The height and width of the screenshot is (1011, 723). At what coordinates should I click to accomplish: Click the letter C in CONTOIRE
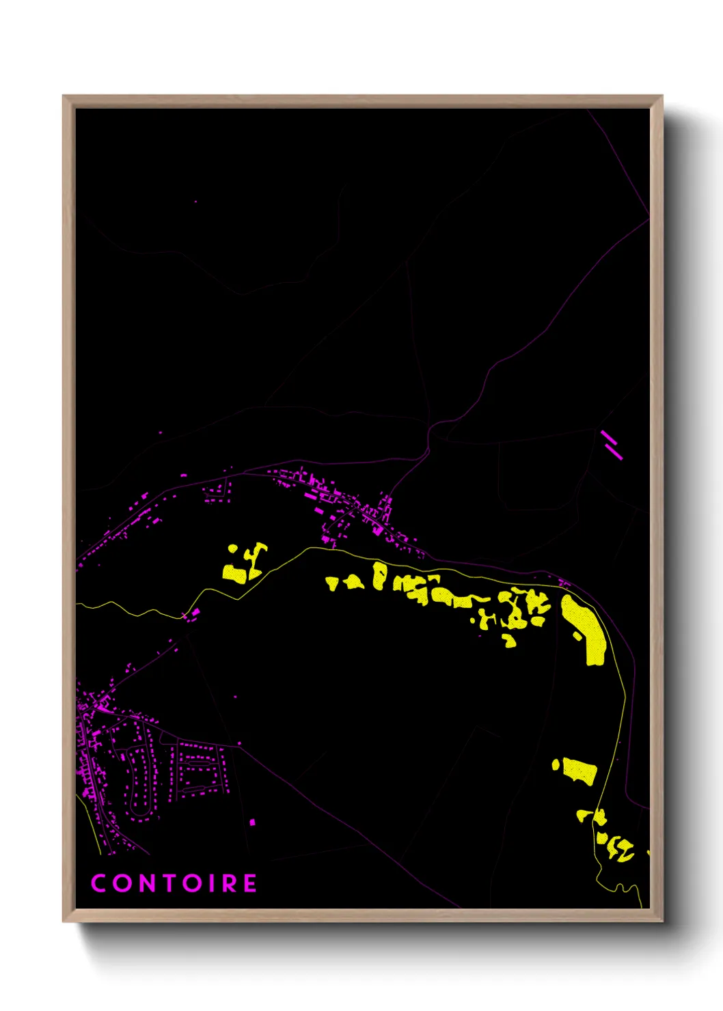[x=99, y=883]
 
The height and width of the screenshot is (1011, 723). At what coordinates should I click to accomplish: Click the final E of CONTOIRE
[x=250, y=883]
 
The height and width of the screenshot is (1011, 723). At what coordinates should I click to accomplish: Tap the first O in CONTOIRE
[x=122, y=883]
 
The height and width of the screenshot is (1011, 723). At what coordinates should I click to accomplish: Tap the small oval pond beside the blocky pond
[x=556, y=764]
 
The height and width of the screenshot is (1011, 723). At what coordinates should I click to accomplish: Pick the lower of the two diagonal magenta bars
[x=614, y=450]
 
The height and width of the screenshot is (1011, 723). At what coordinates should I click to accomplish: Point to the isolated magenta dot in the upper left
[x=195, y=202]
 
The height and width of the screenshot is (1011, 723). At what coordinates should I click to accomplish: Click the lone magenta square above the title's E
[x=252, y=822]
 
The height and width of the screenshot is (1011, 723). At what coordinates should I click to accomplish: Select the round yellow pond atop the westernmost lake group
[x=234, y=549]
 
